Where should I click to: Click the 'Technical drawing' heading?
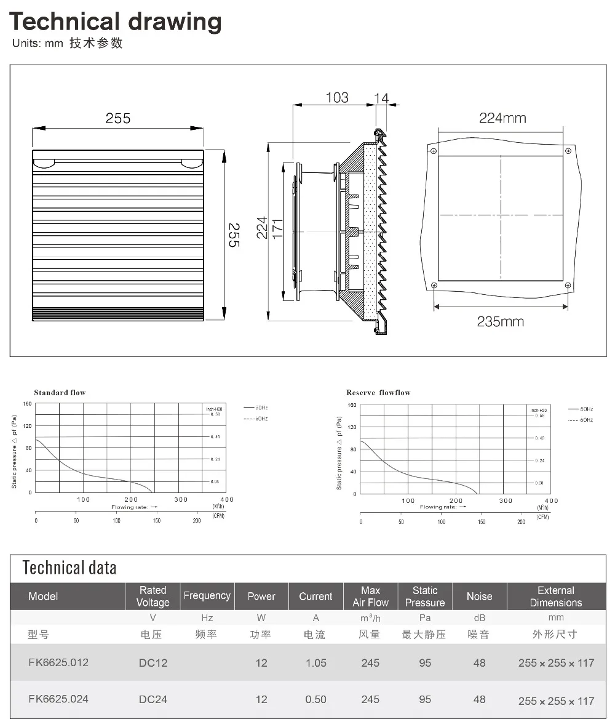click(x=115, y=22)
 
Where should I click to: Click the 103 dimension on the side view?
click(x=336, y=97)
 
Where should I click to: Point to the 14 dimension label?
click(x=381, y=97)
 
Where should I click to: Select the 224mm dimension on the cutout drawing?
click(x=502, y=118)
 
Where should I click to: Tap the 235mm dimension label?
click(x=500, y=321)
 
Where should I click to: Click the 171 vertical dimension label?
click(x=277, y=228)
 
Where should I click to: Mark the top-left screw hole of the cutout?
click(x=434, y=151)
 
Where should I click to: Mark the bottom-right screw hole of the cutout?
click(x=567, y=285)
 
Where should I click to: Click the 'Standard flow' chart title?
click(x=60, y=392)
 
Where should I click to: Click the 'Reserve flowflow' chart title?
click(x=378, y=392)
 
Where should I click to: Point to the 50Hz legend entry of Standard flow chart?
click(x=256, y=408)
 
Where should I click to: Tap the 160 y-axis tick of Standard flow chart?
click(x=27, y=404)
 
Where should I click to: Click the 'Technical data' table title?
click(x=69, y=567)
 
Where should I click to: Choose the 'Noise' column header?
click(x=479, y=596)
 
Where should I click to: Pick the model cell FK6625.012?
click(x=58, y=662)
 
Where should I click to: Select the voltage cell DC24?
click(x=153, y=699)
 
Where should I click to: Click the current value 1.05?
click(x=315, y=663)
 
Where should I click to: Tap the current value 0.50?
click(x=315, y=699)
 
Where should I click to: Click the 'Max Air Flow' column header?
click(x=370, y=596)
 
